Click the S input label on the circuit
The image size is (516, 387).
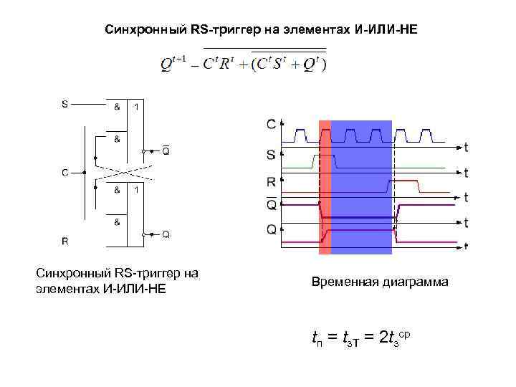(x=65, y=104)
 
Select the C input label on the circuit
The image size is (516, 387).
(x=64, y=172)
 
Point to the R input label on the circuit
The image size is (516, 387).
(x=65, y=241)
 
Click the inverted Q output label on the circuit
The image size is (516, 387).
(x=166, y=150)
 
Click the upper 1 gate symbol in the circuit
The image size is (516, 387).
(x=137, y=107)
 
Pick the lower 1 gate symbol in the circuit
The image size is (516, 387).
(x=137, y=190)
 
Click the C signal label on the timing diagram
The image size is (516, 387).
(x=272, y=125)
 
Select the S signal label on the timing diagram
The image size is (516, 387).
(x=271, y=153)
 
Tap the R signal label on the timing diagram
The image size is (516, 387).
(x=271, y=182)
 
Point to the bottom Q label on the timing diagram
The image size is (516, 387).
(x=271, y=229)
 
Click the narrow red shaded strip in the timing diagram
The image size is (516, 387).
(x=325, y=187)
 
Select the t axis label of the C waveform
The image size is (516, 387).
(x=466, y=148)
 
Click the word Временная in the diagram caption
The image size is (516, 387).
(x=341, y=282)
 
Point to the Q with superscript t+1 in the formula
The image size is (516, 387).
(x=172, y=63)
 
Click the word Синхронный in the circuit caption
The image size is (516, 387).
(x=70, y=273)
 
